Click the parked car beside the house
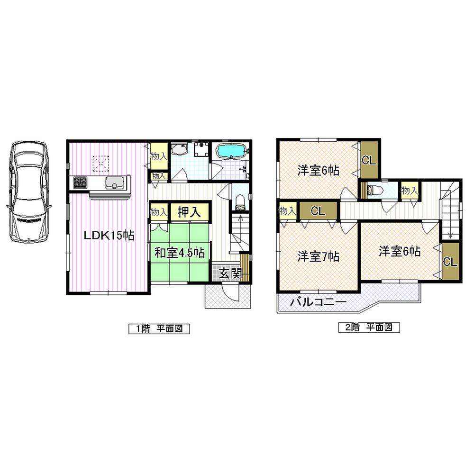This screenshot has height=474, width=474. pos(27,192)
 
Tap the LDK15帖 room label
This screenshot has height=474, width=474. pos(109,235)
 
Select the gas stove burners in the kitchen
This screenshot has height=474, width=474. pos(80,182)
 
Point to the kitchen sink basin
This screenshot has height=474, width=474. pos(114,182)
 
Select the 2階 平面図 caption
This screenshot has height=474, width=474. pos(369,328)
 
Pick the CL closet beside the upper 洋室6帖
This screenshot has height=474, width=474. pos(369,160)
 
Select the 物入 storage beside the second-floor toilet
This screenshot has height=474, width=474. pos(409,190)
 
